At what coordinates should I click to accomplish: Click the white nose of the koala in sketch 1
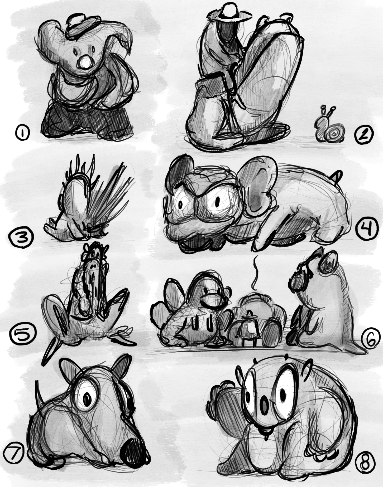point(85,63)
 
